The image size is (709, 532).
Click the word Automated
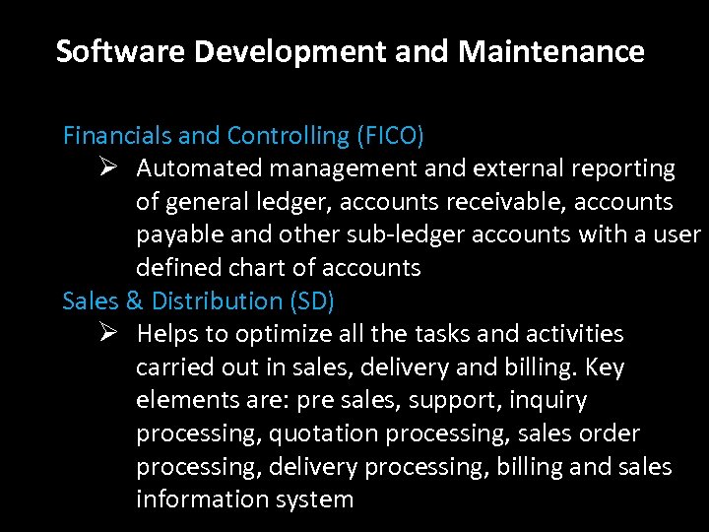(x=197, y=168)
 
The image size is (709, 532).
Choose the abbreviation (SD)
(x=312, y=300)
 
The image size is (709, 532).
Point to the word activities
(x=574, y=334)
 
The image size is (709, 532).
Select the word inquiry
(x=548, y=400)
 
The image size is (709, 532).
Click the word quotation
(x=324, y=433)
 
